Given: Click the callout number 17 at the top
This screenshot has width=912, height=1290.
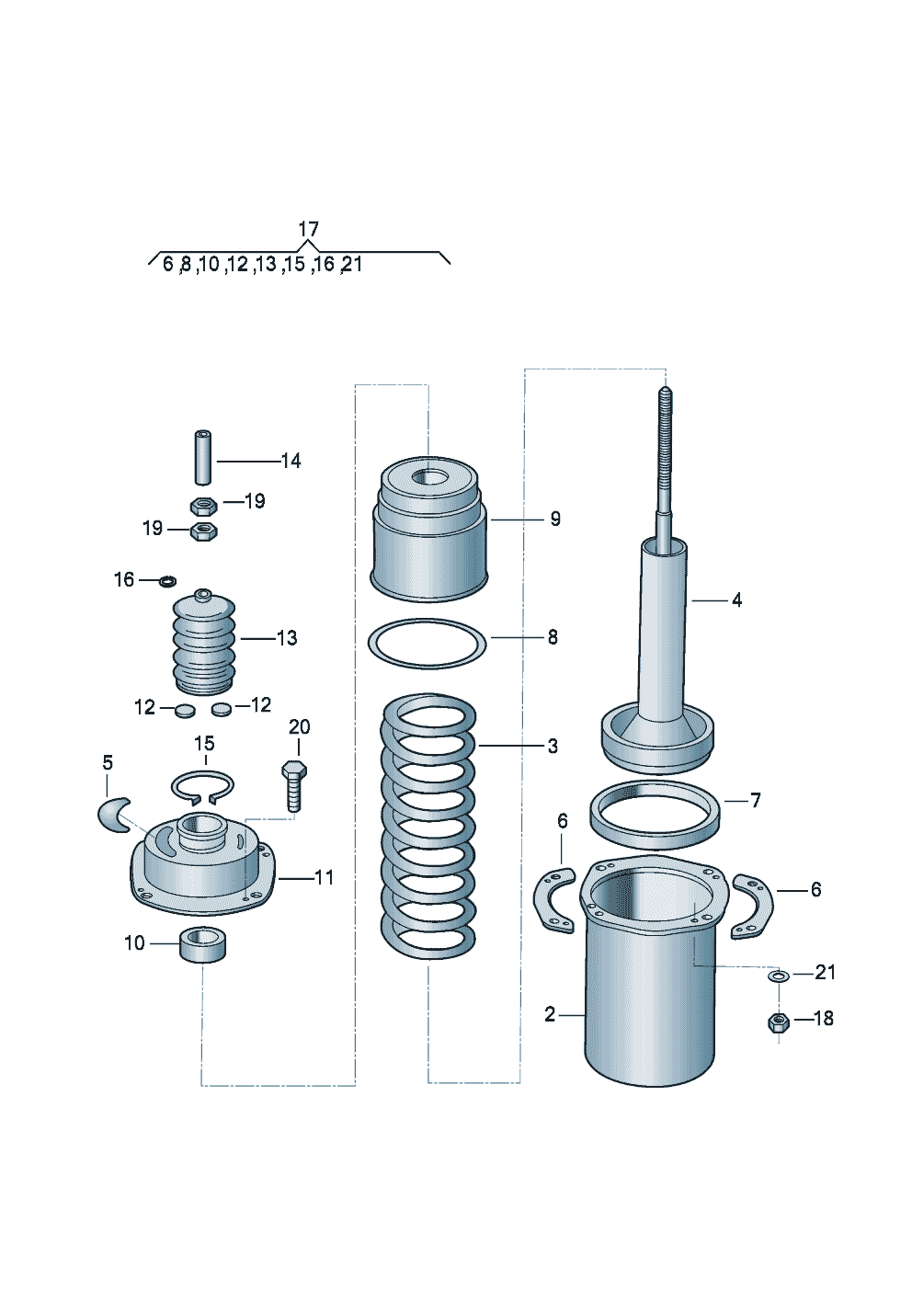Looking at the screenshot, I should (308, 228).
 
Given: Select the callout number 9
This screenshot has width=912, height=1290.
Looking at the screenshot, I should (555, 519).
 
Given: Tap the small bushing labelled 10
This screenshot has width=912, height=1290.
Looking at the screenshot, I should (202, 944).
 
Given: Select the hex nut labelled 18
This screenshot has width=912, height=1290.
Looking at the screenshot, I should (778, 1021).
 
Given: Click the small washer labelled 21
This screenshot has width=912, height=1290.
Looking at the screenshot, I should (778, 975).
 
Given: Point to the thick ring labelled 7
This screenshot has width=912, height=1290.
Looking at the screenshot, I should (654, 809).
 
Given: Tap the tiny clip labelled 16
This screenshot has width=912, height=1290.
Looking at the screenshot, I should (167, 580).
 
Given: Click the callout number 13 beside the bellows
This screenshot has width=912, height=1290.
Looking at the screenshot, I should (287, 638).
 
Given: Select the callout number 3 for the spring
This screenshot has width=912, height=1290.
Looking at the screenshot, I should (552, 747).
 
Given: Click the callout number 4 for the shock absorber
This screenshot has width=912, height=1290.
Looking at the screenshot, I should (736, 600).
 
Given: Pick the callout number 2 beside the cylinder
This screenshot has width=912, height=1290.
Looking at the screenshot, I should (550, 1015).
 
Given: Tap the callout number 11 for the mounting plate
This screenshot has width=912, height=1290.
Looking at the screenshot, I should (324, 878).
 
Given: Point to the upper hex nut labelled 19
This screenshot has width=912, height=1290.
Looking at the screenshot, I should (203, 505).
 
